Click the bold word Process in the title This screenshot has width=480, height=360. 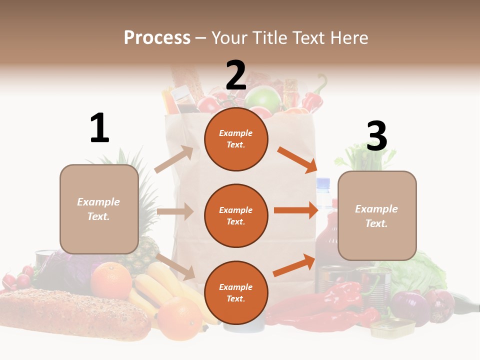point(157,37)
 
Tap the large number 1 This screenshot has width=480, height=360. point(99,128)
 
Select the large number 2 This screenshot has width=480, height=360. point(236,75)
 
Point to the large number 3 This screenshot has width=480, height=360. point(376,136)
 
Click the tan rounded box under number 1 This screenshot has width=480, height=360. point(99,209)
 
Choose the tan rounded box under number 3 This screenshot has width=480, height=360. point(377,215)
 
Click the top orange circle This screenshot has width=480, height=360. point(236,138)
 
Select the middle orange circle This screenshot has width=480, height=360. point(236,215)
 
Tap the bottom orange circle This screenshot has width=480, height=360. point(236,292)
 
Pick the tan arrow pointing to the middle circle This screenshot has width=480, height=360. point(175,211)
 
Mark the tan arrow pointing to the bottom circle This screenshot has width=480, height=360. point(175,266)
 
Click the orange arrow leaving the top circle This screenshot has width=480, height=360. point(297,159)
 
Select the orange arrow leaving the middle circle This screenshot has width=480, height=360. point(296,210)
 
